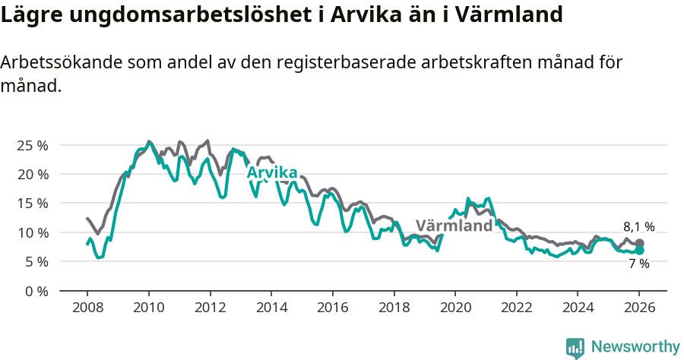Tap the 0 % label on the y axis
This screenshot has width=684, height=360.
[37, 291]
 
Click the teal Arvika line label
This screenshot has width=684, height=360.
[272, 173]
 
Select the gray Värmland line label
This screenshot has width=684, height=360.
[454, 226]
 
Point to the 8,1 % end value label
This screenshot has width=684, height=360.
[639, 226]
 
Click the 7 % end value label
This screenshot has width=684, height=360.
[639, 264]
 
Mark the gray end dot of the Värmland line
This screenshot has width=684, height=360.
[639, 243]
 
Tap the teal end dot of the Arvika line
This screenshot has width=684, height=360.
[639, 250]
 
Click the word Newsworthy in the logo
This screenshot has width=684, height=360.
[635, 347]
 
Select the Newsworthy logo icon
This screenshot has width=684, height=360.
[575, 348]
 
